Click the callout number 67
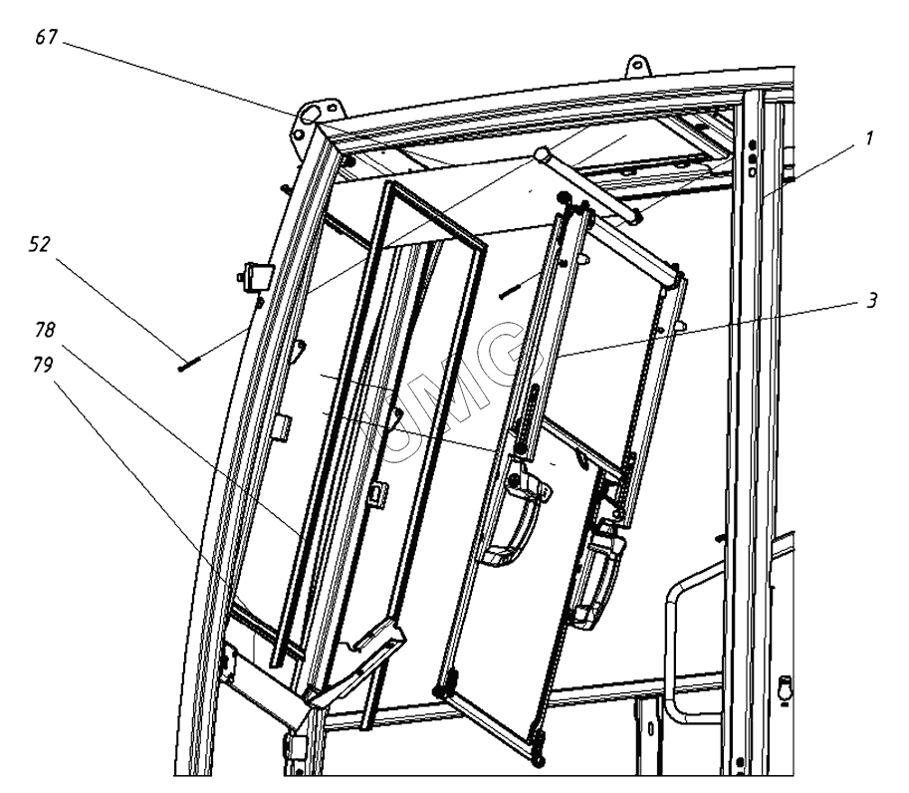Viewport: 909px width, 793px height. click(x=47, y=37)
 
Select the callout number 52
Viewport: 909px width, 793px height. click(x=40, y=244)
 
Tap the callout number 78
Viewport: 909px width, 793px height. click(x=45, y=330)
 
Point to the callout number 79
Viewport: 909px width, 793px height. click(x=43, y=365)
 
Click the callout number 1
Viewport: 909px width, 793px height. click(x=868, y=138)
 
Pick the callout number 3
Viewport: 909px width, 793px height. click(x=871, y=300)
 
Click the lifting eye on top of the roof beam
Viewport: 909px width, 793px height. click(x=637, y=65)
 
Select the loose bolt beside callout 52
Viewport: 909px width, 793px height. click(x=189, y=365)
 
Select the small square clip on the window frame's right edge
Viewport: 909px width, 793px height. click(x=378, y=494)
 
